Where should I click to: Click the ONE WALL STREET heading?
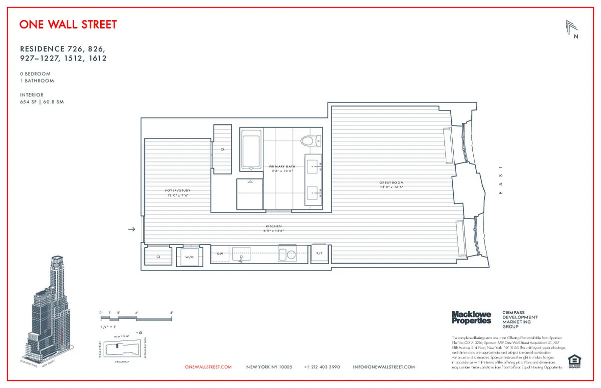68,24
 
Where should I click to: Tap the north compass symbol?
571,29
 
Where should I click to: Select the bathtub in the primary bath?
251,149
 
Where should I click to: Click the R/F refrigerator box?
319,253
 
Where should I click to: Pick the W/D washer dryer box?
189,256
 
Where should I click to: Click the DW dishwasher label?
220,253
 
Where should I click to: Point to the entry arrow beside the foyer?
132,229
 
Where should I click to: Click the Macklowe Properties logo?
471,317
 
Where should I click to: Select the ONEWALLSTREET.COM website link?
208,367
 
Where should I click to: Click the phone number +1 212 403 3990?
322,367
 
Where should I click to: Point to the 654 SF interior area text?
42,102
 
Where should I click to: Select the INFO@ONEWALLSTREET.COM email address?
384,367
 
